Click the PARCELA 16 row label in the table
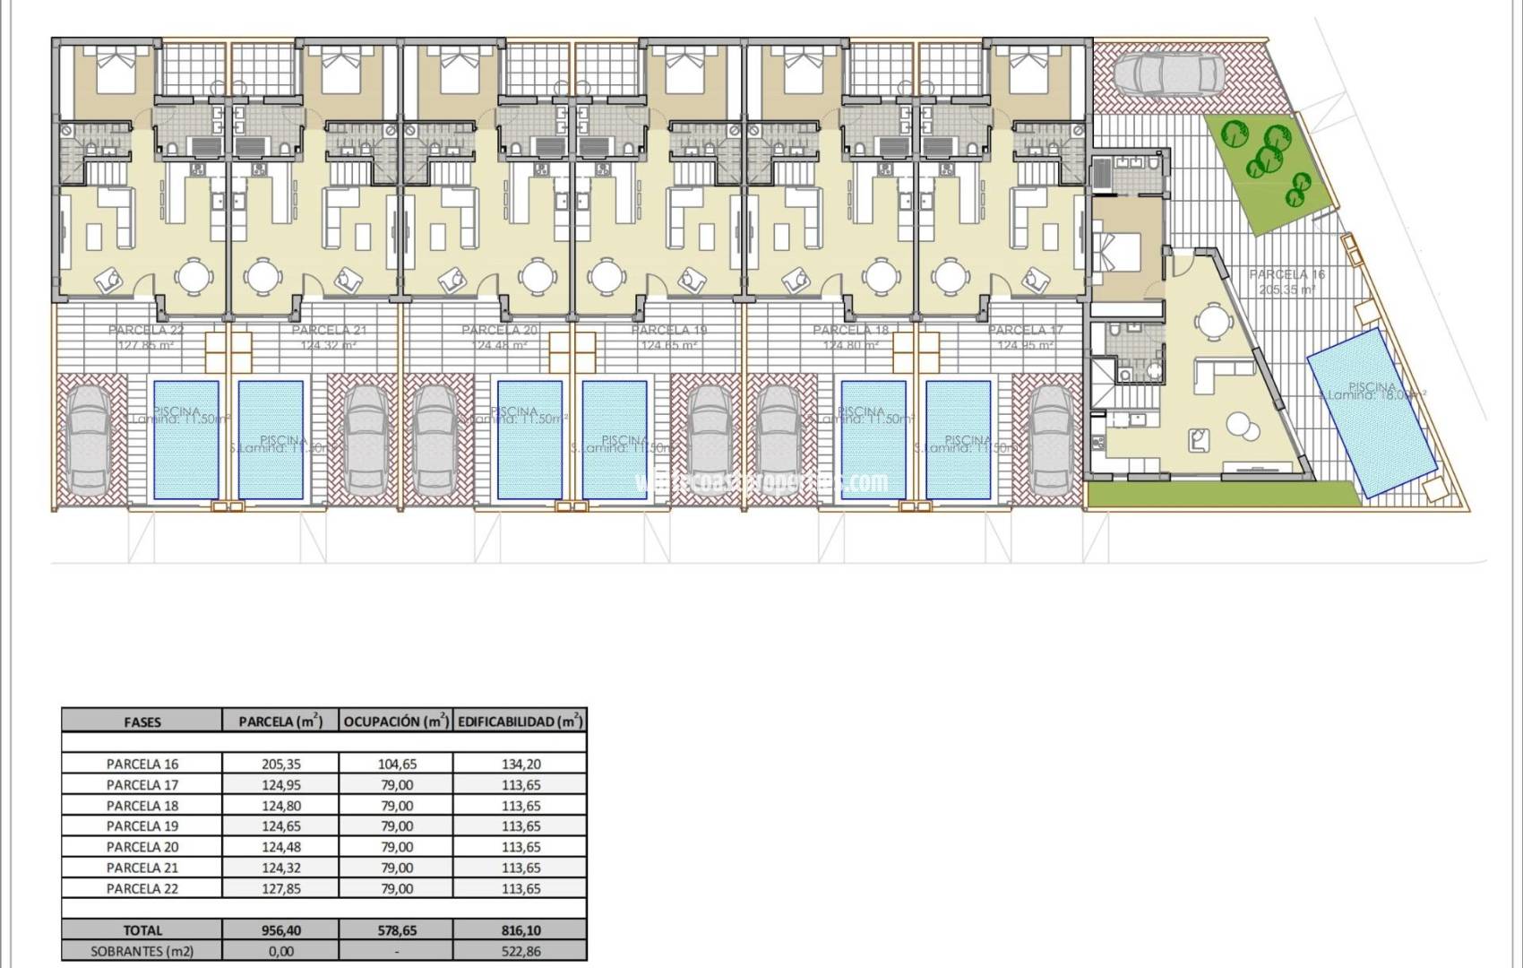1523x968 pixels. pos(142,765)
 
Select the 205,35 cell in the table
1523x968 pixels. pos(280,765)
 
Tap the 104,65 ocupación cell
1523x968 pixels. pos(396,765)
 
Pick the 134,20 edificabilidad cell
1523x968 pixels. pos(521,765)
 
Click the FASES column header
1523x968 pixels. pos(142,722)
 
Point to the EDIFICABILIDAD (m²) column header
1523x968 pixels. pos(521,722)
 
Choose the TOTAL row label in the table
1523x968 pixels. pos(142,930)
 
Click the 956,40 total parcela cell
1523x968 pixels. pos(280,930)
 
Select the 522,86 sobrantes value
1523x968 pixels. pos(521,951)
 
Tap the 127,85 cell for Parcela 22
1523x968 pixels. pos(280,889)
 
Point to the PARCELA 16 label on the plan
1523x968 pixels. pos(1286,274)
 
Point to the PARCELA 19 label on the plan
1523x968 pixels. pos(668,331)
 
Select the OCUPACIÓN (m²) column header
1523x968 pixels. pos(396,722)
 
